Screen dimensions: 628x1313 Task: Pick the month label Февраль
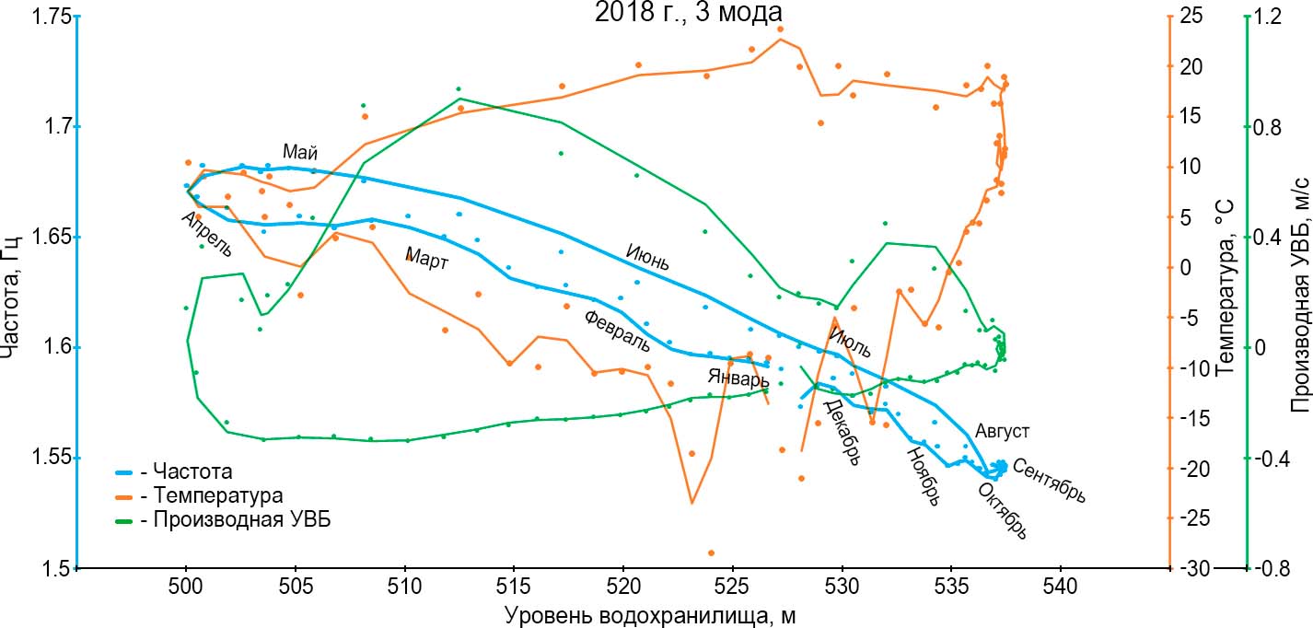point(617,331)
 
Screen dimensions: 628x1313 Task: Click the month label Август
point(1002,430)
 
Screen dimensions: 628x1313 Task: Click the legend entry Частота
point(185,472)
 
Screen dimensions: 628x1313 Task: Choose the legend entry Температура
point(204,495)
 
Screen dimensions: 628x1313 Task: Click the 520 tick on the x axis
point(623,587)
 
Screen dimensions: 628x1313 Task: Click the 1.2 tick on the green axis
point(1273,17)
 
